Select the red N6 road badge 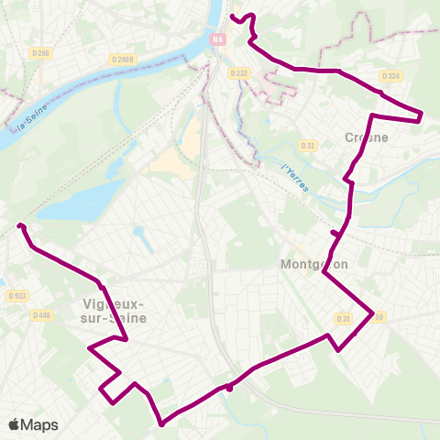pyautogui.click(x=217, y=39)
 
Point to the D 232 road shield pyautogui.click(x=238, y=72)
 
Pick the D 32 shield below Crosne pyautogui.click(x=308, y=145)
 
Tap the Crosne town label pyautogui.click(x=367, y=137)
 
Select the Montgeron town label pyautogui.click(x=311, y=263)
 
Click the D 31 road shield pyautogui.click(x=344, y=318)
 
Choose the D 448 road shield pyautogui.click(x=42, y=314)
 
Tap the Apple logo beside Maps pyautogui.click(x=15, y=424)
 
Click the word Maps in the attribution pyautogui.click(x=39, y=424)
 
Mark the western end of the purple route pyautogui.click(x=19, y=225)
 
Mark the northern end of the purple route pyautogui.click(x=231, y=16)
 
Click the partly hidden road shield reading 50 pyautogui.click(x=379, y=317)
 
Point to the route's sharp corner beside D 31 pyautogui.click(x=372, y=314)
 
